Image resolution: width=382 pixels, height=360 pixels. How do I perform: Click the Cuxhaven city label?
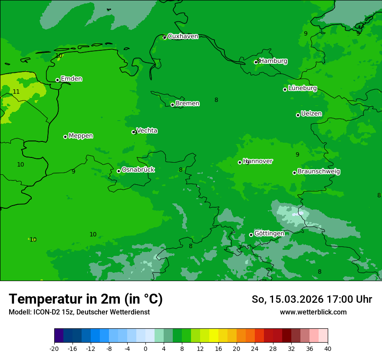[x=183, y=36]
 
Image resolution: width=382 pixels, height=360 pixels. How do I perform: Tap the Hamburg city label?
[x=273, y=61]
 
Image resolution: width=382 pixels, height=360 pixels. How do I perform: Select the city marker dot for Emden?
[x=57, y=80]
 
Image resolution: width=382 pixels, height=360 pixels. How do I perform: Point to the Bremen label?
[x=188, y=104]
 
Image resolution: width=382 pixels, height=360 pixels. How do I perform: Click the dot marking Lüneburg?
[x=285, y=89]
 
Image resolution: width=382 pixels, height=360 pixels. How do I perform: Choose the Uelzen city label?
[x=311, y=114]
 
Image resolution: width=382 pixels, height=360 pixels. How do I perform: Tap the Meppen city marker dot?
[x=65, y=137]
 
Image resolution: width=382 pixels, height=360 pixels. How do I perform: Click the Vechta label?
[x=147, y=131]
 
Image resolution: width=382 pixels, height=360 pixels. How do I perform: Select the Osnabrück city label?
[x=138, y=170]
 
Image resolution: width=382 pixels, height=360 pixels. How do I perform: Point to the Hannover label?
[x=258, y=161]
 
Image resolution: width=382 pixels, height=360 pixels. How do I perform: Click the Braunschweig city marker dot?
[x=294, y=173]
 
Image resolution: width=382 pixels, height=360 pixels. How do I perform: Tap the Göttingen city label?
[x=269, y=234]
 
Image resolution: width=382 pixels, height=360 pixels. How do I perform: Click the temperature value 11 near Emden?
[x=16, y=92]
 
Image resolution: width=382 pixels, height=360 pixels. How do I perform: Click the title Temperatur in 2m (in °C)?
[x=86, y=299]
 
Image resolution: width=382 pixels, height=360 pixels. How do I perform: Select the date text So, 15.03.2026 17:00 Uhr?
[x=312, y=299]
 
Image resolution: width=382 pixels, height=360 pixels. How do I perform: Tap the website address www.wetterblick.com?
[x=313, y=312]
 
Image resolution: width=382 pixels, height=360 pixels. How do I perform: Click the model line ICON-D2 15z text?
[x=79, y=312]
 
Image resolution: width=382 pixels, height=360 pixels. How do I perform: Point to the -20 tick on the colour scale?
[x=54, y=348]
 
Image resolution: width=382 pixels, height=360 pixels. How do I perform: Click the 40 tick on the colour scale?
[x=328, y=348]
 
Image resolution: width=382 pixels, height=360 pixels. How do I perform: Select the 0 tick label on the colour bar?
[x=145, y=348]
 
